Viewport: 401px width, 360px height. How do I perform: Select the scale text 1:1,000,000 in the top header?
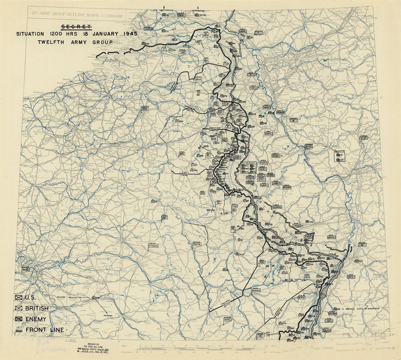(x=112, y=15)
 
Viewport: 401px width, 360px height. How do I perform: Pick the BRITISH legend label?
(x=37, y=308)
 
